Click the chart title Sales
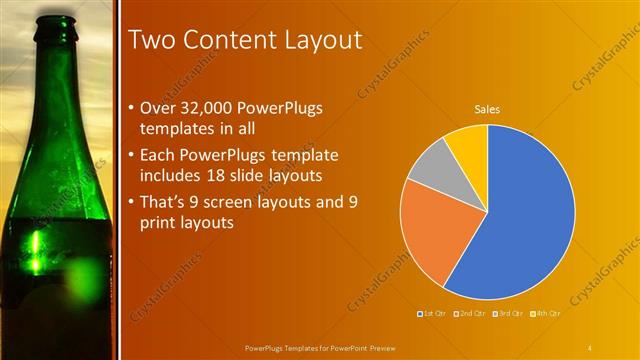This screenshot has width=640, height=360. click(x=487, y=109)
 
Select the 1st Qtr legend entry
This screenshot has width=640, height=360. click(x=431, y=315)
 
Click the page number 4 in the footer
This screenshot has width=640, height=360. click(x=590, y=347)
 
